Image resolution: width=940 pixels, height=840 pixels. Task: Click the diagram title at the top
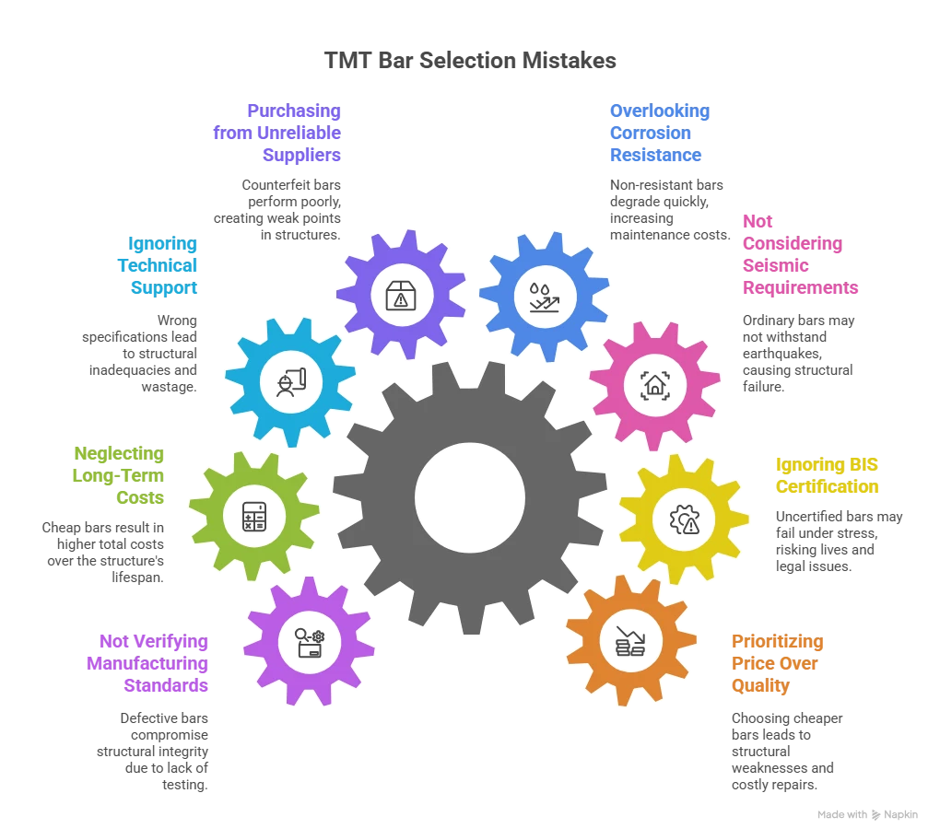(x=469, y=63)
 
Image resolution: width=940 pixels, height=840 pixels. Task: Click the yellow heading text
(x=827, y=474)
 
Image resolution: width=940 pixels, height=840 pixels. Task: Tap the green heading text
(x=120, y=476)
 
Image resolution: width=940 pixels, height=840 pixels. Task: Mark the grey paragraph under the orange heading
(x=784, y=752)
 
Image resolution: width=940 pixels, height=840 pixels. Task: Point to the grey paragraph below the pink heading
(x=797, y=355)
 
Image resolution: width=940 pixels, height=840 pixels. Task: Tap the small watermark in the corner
(x=869, y=815)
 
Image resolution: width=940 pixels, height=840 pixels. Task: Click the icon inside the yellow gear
(x=683, y=519)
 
